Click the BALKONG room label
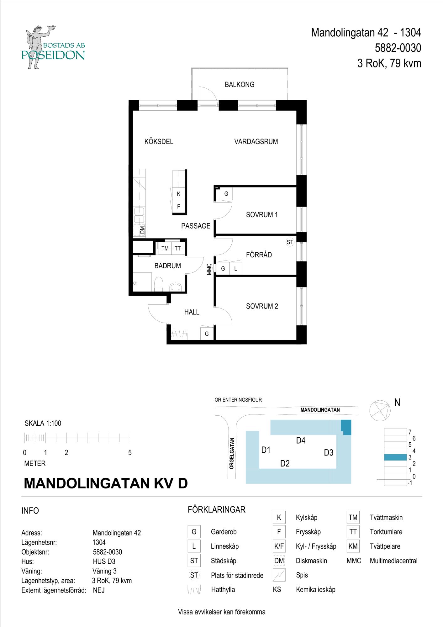coord(240,85)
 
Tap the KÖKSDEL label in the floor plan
coord(159,142)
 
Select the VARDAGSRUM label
coord(256,142)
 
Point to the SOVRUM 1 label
coord(262,215)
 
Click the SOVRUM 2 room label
coord(262,306)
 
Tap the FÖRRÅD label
coord(259,255)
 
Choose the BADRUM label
coord(168,266)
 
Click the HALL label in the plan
coord(192,312)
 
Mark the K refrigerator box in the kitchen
coord(179,194)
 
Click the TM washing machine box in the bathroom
coord(165,249)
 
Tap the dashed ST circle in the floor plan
coord(290,242)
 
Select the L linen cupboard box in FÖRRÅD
coord(236,269)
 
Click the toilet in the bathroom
coord(159,284)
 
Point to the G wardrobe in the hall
coord(207,334)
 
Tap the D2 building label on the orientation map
coord(285,463)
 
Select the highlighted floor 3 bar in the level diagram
coord(395,457)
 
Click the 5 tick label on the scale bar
coord(130,453)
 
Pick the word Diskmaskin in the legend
coord(311,561)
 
